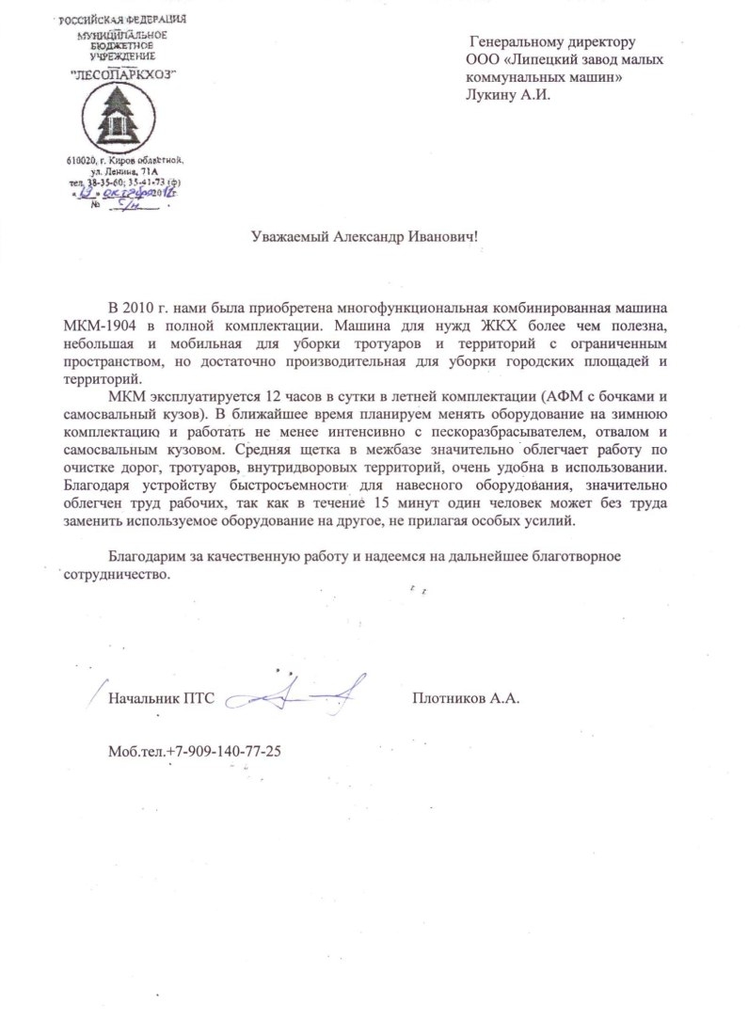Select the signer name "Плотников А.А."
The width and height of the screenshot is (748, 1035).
(x=466, y=699)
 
